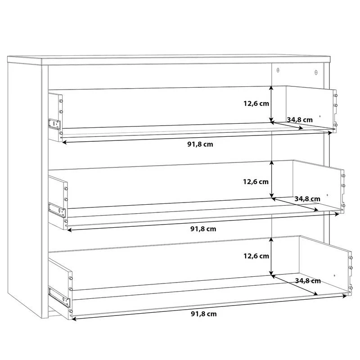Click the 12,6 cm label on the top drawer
pos(256,103)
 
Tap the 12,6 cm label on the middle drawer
pos(256,182)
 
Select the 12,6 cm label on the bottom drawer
pos(256,256)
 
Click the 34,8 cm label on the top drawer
pos(300,120)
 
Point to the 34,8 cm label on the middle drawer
pos(307,199)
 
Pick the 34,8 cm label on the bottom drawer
pos(308,281)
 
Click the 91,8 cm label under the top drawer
pos(200,144)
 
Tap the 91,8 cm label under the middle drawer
pos(203,229)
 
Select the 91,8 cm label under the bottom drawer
pos(204,314)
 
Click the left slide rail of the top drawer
pos(54,124)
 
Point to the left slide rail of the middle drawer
pos(57,210)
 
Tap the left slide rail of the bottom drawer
pos(59,297)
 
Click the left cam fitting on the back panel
pos(278,70)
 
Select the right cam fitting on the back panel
pos(316,72)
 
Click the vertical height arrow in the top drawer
pos(272,104)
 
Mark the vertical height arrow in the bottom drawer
pos(271,256)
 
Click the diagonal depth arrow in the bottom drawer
pos(295,285)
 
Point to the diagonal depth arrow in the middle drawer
pos(295,204)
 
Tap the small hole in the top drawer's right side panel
pos(320,117)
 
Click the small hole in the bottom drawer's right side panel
pos(334,275)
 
